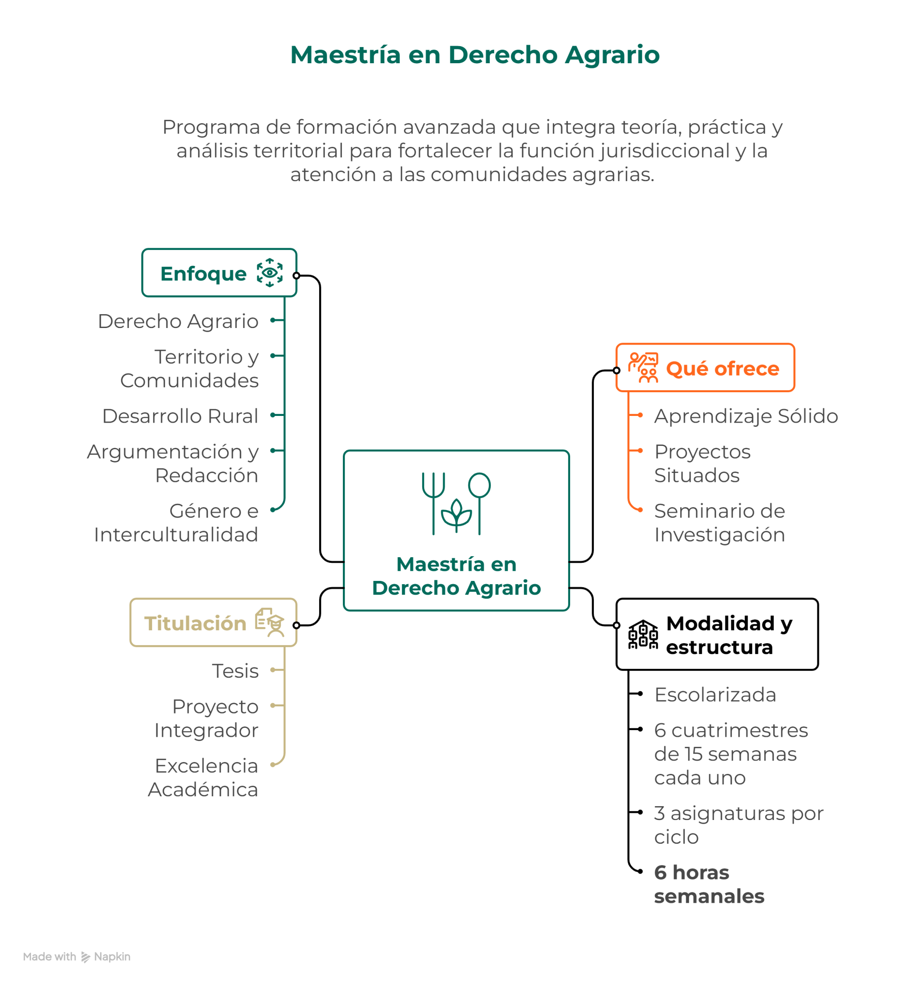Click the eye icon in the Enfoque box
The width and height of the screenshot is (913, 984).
(269, 273)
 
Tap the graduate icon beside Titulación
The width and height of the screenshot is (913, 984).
(270, 622)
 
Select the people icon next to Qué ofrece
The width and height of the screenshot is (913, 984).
(643, 368)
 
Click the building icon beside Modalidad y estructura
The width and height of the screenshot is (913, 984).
(643, 634)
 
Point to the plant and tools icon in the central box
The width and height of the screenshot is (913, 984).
(456, 503)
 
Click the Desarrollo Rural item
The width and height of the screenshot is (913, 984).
(180, 416)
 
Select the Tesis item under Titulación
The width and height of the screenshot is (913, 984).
(235, 671)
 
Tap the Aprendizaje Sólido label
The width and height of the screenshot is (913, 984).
(746, 416)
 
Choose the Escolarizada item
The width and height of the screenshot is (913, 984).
(715, 695)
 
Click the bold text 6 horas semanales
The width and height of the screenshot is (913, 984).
(709, 884)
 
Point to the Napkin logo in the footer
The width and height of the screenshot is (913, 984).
(86, 957)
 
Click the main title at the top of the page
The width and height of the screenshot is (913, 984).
(475, 54)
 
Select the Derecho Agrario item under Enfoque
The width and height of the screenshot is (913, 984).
(178, 321)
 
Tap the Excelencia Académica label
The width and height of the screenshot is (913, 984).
(204, 778)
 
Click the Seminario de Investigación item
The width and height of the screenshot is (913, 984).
(719, 522)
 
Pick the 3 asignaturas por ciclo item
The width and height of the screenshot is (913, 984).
(738, 825)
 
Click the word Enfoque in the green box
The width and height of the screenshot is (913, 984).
(204, 274)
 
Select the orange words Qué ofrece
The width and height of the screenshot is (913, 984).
(722, 368)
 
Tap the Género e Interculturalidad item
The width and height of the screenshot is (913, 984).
(177, 522)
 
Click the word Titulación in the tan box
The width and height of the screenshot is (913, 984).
(195, 623)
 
